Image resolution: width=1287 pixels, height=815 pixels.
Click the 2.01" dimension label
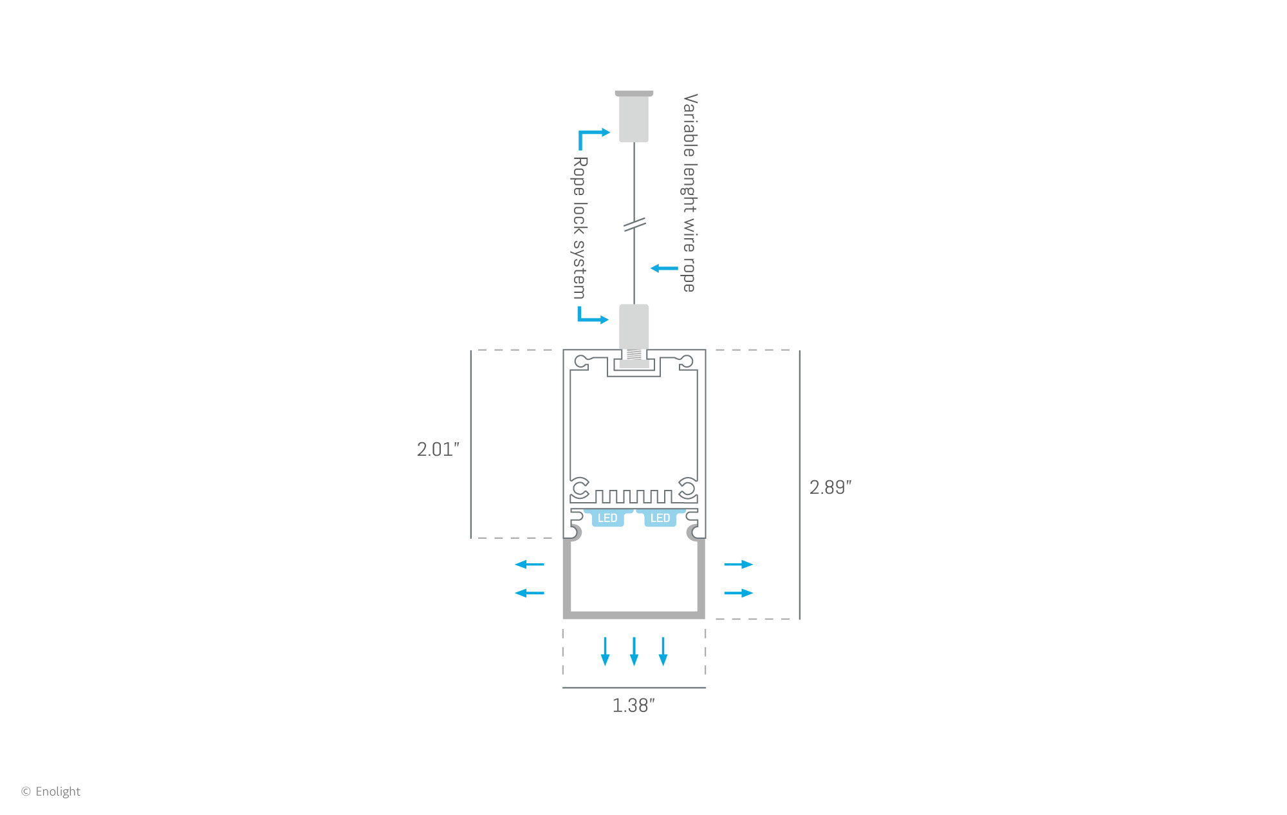tap(438, 449)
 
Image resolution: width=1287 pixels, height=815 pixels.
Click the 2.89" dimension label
tap(830, 487)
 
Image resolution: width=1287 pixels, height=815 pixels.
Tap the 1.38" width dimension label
tap(634, 706)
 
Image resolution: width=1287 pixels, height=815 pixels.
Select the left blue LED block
tap(607, 518)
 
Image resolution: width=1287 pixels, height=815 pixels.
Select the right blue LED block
tap(660, 518)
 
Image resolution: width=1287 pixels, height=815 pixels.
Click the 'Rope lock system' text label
tap(580, 228)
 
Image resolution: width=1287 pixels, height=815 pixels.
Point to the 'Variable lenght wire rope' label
tap(690, 192)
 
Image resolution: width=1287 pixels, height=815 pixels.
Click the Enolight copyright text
tap(51, 791)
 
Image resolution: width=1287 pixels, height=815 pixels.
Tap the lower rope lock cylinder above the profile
tap(634, 327)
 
